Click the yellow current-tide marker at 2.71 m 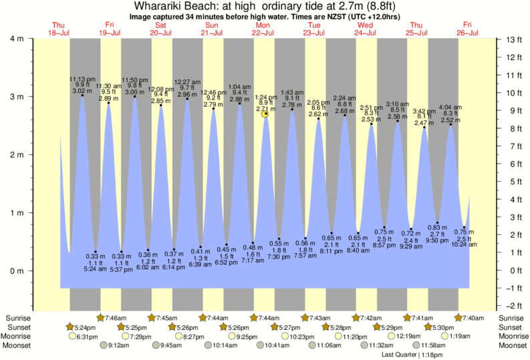tap(265, 114)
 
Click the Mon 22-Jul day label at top tap(262, 29)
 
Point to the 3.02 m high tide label tap(82, 91)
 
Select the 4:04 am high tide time tap(450, 107)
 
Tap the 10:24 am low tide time tap(463, 244)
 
